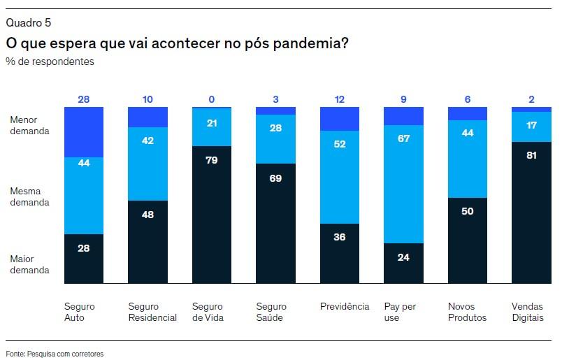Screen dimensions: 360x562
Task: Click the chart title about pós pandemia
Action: pyautogui.click(x=178, y=43)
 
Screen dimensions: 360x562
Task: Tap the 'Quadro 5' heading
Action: pyautogui.click(x=28, y=24)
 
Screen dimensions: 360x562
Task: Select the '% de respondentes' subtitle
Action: pyautogui.click(x=50, y=62)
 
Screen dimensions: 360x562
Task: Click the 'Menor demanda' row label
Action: pyautogui.click(x=29, y=125)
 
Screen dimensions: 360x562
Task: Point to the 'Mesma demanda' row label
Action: pyautogui.click(x=29, y=196)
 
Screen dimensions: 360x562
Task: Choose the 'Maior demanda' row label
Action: pyautogui.click(x=29, y=264)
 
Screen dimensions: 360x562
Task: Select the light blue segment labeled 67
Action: pyautogui.click(x=404, y=184)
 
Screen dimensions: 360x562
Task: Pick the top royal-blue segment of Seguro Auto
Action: pyautogui.click(x=84, y=132)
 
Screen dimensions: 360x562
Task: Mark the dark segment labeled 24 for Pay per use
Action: pyautogui.click(x=404, y=264)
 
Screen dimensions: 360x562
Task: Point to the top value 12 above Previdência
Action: pyautogui.click(x=340, y=99)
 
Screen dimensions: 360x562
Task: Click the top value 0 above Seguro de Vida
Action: pyautogui.click(x=212, y=99)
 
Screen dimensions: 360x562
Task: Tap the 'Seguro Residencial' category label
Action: pyautogui.click(x=152, y=312)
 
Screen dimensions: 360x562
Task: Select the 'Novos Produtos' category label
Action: pyautogui.click(x=467, y=312)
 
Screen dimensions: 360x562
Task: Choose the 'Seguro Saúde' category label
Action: pyautogui.click(x=271, y=312)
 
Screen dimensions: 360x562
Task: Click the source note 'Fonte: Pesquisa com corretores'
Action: pyautogui.click(x=55, y=354)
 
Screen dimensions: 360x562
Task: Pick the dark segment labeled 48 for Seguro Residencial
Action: pyautogui.click(x=148, y=242)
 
